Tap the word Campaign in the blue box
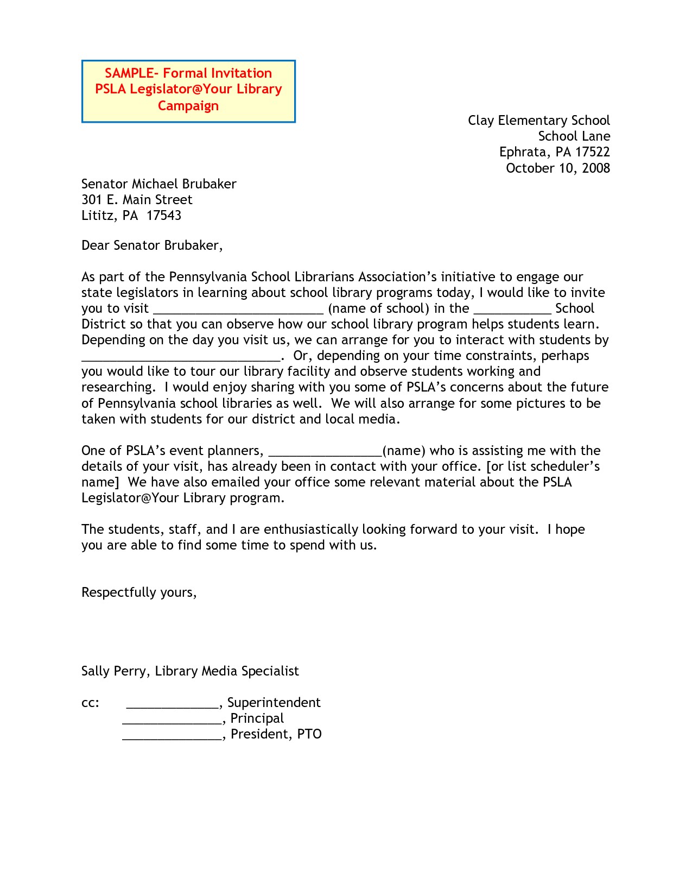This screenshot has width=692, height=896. [188, 105]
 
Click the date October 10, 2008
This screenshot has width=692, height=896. [557, 168]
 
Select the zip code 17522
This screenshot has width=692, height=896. [593, 152]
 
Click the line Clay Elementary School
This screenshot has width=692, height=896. [538, 121]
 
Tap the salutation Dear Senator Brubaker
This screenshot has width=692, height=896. [151, 245]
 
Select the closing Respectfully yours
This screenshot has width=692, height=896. [138, 592]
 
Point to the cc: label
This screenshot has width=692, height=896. [90, 703]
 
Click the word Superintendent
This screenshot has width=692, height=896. [274, 703]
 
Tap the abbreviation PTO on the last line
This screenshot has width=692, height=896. [309, 734]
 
